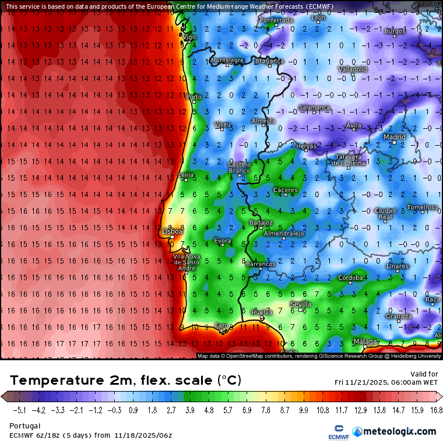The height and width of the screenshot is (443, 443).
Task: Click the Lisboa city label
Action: [x=172, y=231]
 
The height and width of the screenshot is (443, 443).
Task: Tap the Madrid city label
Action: [x=394, y=137]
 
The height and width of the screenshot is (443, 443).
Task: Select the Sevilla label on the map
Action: [x=300, y=304]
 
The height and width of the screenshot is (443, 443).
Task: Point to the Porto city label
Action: [x=194, y=97]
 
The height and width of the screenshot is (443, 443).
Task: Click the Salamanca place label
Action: [x=314, y=108]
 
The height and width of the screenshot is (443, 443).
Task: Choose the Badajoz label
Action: [x=261, y=223]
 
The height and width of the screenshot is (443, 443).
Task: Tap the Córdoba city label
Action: [x=350, y=277]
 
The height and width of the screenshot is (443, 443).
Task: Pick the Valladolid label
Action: [x=352, y=69]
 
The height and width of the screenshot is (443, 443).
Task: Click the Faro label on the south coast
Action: [x=221, y=326]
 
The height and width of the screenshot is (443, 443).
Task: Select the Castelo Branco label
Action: [x=239, y=168]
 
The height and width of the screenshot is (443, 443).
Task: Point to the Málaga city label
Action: [x=365, y=342]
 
